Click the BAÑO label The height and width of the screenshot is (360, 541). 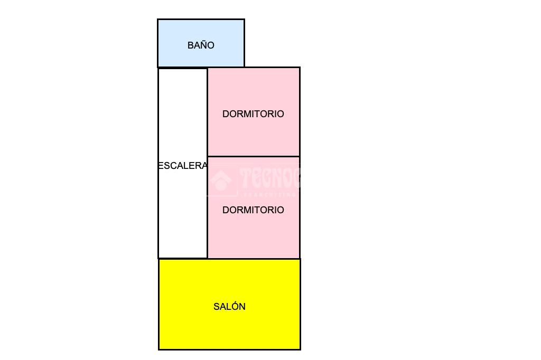click(x=201, y=45)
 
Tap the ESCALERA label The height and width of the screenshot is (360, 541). click(x=182, y=166)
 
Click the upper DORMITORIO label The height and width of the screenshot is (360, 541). click(x=253, y=114)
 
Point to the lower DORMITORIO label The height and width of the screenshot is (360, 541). click(x=253, y=210)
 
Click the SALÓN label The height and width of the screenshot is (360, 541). click(x=229, y=307)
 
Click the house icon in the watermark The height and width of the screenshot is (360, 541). click(x=221, y=181)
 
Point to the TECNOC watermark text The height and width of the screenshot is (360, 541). click(x=269, y=178)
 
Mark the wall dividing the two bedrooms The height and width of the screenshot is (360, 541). click(x=254, y=156)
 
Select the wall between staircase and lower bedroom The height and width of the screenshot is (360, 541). click(x=207, y=222)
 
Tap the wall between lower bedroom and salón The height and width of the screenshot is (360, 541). click(x=254, y=259)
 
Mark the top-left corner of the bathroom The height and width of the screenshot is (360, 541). click(x=158, y=20)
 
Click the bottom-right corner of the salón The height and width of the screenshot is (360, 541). click(x=300, y=349)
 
